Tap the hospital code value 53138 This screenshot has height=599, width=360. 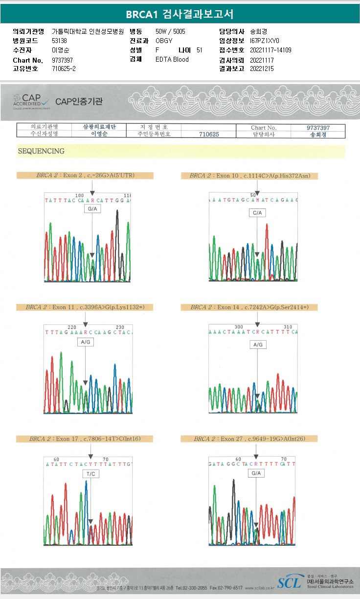coord(59,41)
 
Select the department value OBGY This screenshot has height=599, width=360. coord(164,41)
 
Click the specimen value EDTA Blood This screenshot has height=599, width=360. coord(172,59)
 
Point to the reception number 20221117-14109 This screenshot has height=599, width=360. coord(270,50)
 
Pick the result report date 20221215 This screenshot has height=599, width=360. coord(262,69)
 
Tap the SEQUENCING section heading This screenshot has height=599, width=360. coord(41,151)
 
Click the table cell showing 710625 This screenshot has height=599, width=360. coord(208,134)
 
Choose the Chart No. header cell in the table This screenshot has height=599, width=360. coord(264,127)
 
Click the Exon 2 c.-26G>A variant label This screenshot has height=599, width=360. coord(85,175)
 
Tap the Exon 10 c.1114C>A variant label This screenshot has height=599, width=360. coord(249,176)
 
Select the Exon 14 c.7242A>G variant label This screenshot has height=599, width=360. coord(249,307)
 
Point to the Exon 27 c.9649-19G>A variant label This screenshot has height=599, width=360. coord(249,439)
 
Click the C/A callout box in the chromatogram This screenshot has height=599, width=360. coord(257,213)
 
